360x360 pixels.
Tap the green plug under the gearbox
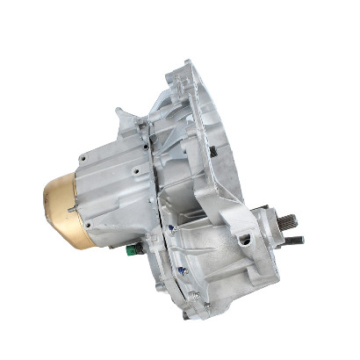tap(132, 249)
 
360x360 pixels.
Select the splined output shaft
tap(287, 220)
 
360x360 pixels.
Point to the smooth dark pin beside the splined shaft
tap(295, 239)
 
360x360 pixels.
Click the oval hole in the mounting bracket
tap(245, 239)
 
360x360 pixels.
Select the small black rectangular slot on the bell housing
tap(212, 151)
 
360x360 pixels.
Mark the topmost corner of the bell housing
tap(186, 63)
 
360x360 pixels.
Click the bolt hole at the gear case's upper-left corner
tap(82, 160)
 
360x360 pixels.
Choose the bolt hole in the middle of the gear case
tap(137, 173)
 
